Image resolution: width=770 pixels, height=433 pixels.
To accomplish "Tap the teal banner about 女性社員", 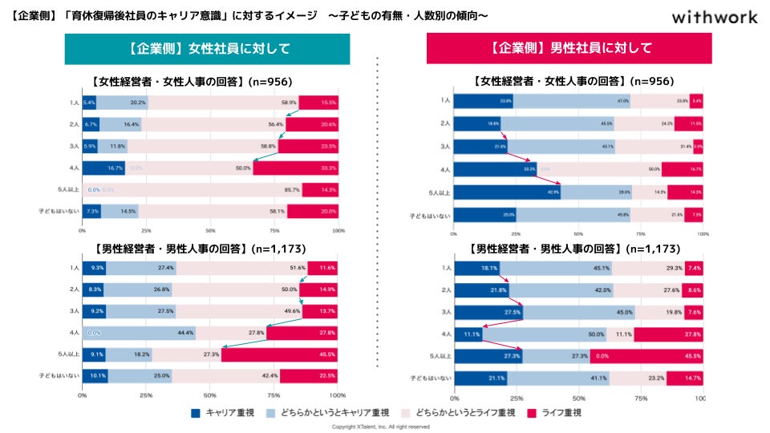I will [x=207, y=49].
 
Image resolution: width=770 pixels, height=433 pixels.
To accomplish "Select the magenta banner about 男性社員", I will [x=570, y=49].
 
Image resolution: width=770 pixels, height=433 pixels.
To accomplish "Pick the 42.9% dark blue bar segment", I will [x=507, y=192].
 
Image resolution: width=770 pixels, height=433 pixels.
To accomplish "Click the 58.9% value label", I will [x=289, y=103].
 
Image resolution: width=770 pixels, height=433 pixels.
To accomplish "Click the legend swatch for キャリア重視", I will [x=196, y=413].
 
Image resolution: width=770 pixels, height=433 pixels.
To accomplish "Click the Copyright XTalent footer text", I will [x=381, y=427].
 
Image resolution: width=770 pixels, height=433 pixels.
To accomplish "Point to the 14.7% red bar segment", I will [x=684, y=377].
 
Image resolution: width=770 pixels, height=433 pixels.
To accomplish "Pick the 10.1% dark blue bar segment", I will [x=95, y=375].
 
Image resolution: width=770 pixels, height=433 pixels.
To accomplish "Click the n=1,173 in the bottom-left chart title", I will [x=277, y=249].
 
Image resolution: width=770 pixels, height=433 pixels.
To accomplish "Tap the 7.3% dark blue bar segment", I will [x=91, y=211].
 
